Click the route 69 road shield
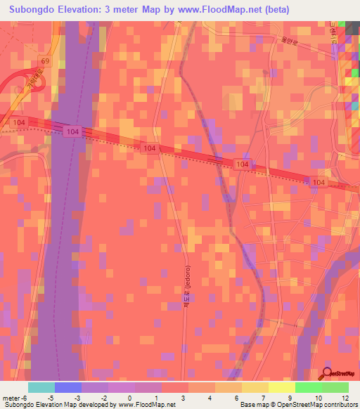44,61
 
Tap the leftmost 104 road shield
18,122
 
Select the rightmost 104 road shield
319,182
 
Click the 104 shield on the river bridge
73,131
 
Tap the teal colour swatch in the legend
41,387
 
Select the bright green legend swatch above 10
309,387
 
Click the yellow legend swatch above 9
282,387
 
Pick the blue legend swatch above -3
68,387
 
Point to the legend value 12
344,398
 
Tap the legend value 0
129,398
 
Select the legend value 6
236,398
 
